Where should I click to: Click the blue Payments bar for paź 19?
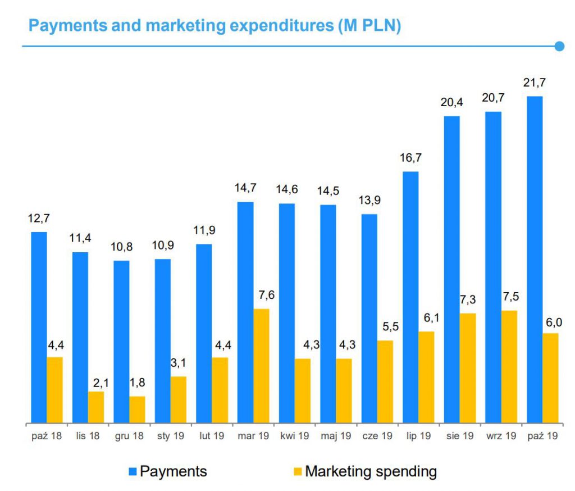[x=535, y=259]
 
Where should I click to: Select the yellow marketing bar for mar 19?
[x=262, y=366]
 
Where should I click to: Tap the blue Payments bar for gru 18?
[x=121, y=342]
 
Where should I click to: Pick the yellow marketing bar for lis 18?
[x=96, y=407]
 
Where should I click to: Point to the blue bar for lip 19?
[x=410, y=297]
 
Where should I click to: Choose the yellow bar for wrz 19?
[x=509, y=366]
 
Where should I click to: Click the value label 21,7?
[x=534, y=83]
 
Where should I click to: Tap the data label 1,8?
[x=137, y=383]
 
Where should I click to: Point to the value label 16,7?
[x=410, y=158]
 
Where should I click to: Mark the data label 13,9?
[x=369, y=201]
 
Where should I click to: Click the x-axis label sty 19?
[x=171, y=435]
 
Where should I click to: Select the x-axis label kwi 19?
[x=295, y=435]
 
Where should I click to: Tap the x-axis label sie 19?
[x=460, y=435]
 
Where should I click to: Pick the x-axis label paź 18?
[x=47, y=435]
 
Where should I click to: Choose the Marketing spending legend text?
[x=371, y=471]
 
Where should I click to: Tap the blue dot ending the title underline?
[x=559, y=46]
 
